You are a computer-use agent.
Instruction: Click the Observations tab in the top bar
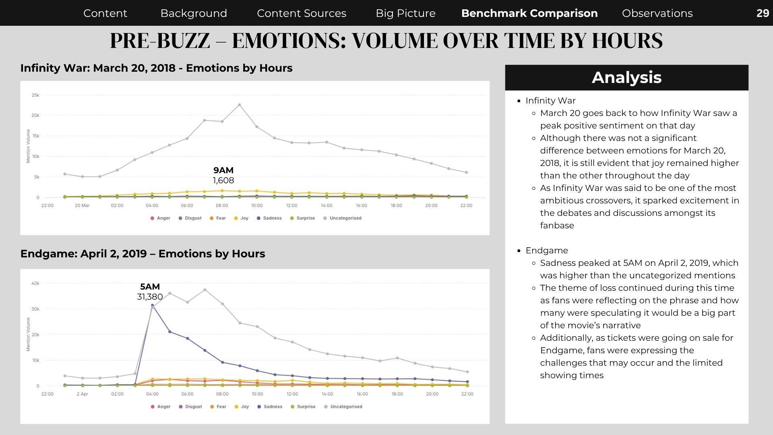[657, 13]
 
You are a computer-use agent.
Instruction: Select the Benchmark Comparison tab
[529, 13]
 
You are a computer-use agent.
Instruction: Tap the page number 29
[763, 13]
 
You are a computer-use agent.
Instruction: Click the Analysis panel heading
[626, 77]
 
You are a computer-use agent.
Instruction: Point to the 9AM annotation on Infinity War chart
[223, 170]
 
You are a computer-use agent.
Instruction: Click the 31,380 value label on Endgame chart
[150, 297]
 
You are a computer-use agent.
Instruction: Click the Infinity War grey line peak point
[240, 105]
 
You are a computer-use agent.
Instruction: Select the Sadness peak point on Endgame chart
[152, 305]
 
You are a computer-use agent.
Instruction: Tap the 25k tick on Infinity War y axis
[35, 95]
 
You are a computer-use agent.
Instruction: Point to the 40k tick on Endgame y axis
[35, 284]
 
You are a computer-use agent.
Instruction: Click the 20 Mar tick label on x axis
[82, 205]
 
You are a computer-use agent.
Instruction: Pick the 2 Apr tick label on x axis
[82, 394]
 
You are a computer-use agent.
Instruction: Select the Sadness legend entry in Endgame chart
[270, 407]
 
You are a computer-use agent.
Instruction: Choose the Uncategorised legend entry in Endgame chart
[343, 407]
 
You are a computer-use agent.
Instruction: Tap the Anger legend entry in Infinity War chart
[160, 218]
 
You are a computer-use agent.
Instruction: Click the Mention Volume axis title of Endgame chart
[28, 334]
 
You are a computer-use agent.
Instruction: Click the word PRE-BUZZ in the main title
[160, 41]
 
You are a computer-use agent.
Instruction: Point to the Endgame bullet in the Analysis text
[547, 251]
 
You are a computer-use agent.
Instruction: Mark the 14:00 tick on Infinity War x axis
[327, 205]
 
